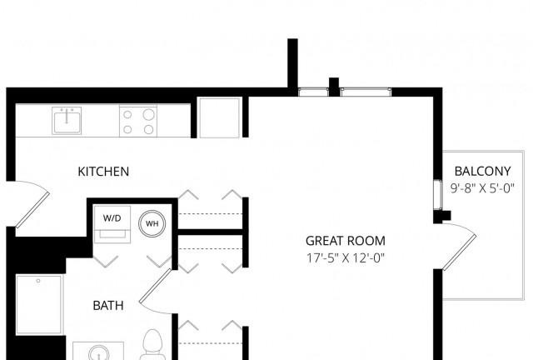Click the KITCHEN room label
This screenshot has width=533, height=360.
tap(103, 172)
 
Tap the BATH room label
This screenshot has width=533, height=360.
tap(108, 306)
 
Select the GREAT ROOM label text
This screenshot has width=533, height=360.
tap(346, 241)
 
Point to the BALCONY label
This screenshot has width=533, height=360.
tap(482, 171)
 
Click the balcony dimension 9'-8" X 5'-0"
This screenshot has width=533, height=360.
tap(482, 188)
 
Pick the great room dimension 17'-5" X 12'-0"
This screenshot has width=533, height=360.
tap(346, 258)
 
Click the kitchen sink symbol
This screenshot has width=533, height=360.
tap(67, 121)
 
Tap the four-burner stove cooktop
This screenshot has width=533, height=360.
tap(138, 122)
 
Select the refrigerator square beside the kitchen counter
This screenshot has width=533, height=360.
tap(220, 117)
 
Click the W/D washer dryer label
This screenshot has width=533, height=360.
tap(112, 218)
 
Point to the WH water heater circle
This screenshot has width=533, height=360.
tap(152, 223)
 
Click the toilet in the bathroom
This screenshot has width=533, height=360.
tap(153, 344)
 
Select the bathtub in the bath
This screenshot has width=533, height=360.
tap(39, 305)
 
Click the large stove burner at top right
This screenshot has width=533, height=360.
tap(148, 114)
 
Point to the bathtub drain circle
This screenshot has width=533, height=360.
tap(38, 281)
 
